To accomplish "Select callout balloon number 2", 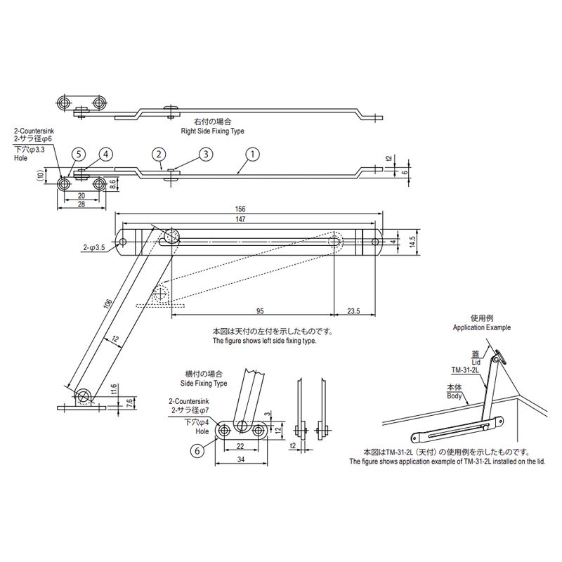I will point(159,154).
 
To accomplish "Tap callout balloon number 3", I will point(205,154).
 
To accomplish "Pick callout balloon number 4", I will point(105,154).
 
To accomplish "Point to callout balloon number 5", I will point(79,154).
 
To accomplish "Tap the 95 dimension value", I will point(261,310).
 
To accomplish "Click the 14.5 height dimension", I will point(414,240).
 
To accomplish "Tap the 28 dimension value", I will point(81,204).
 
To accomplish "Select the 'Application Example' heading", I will point(482,328).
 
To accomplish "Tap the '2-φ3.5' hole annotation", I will point(93,247).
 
